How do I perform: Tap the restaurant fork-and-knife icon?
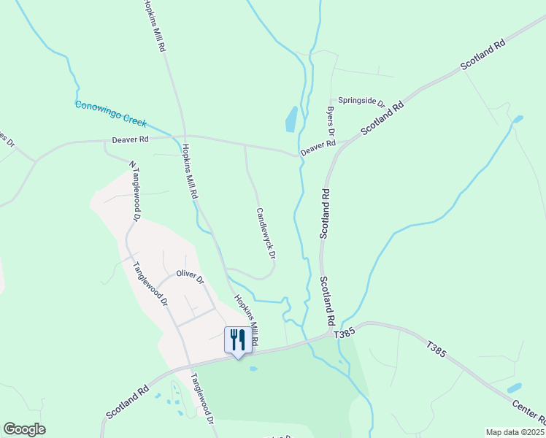[x=237, y=339]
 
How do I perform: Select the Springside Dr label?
[x=360, y=100]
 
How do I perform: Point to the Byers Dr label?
[x=330, y=122]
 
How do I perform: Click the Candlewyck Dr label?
[x=266, y=234]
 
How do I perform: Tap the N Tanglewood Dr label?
[x=134, y=191]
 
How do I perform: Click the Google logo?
[x=24, y=429]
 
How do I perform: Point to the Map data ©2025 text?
[x=515, y=432]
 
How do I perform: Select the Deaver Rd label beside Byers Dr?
[x=318, y=147]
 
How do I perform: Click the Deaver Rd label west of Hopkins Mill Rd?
[x=130, y=139]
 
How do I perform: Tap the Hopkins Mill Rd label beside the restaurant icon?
[x=246, y=321]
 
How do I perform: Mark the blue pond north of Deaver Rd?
[x=291, y=119]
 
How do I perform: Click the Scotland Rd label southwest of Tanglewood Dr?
[x=128, y=402]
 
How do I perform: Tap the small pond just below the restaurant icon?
[x=253, y=369]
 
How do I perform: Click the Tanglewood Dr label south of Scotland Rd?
[x=202, y=400]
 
